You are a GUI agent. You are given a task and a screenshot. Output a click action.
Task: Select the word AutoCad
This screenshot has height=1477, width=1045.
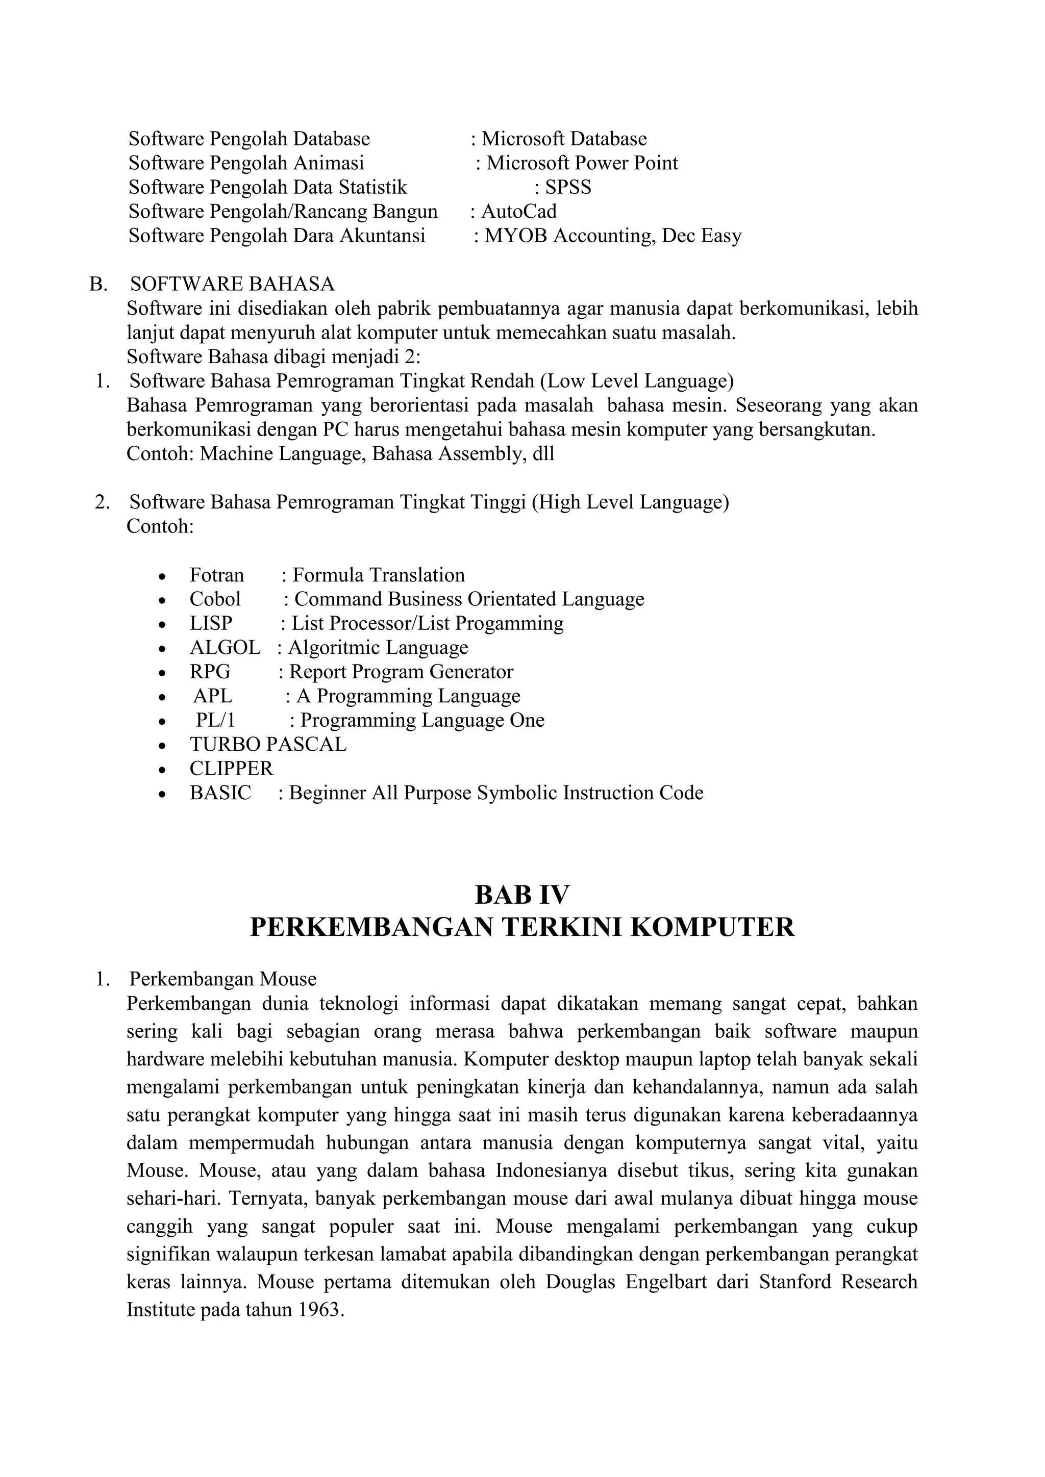pos(518,212)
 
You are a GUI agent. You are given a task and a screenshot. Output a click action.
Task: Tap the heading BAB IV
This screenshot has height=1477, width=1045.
pos(522,895)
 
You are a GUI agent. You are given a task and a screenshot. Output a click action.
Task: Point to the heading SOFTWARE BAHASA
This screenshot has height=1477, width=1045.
pos(232,284)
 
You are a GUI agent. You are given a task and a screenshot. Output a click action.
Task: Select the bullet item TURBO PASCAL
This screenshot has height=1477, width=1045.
pos(268,744)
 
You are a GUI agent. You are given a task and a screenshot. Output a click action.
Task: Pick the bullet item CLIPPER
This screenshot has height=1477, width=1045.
pos(231,769)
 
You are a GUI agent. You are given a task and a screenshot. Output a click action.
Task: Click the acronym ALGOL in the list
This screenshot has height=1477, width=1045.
pos(225,648)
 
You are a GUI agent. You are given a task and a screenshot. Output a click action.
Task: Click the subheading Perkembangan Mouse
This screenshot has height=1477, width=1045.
pos(222,980)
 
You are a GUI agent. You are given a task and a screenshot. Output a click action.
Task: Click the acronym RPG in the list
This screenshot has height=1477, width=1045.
pos(210,672)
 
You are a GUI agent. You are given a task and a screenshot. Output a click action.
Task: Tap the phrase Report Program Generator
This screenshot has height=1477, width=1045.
pos(401,672)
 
